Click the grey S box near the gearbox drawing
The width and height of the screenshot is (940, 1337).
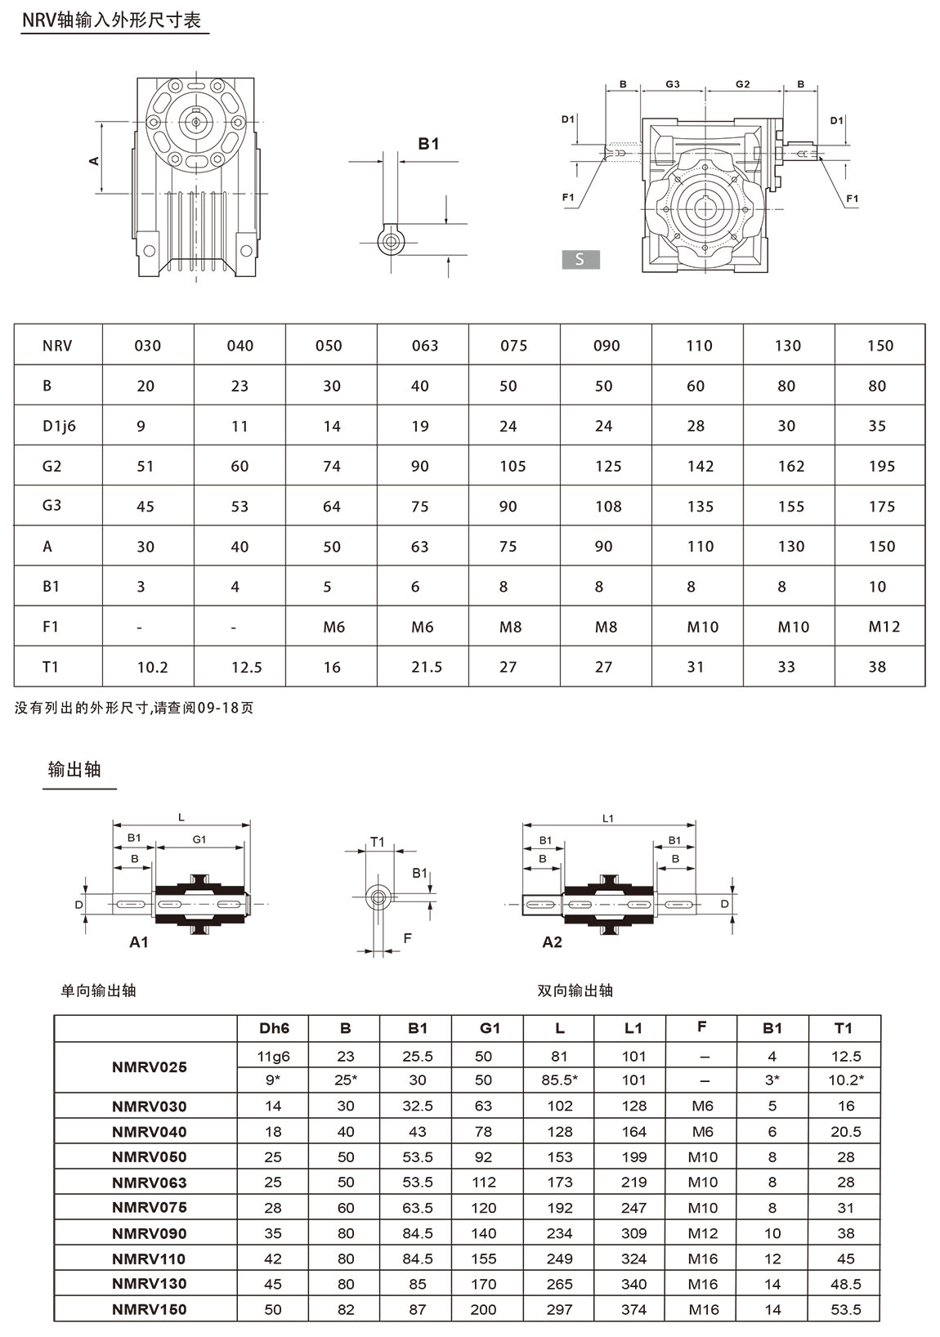(x=580, y=259)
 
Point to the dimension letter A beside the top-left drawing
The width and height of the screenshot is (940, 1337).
(x=95, y=160)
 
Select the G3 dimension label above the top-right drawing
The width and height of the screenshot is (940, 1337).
(x=673, y=83)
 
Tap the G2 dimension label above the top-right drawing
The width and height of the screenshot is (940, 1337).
(x=742, y=83)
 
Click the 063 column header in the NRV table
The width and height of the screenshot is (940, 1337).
(x=425, y=346)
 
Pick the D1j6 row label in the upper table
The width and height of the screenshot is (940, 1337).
(x=59, y=426)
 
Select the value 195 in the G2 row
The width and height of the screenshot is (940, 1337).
(x=882, y=466)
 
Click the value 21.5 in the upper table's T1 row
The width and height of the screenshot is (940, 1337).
(x=427, y=668)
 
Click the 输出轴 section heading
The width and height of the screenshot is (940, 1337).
(x=74, y=770)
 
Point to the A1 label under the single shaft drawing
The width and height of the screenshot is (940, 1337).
(x=139, y=942)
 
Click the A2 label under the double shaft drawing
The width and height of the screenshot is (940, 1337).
(x=553, y=942)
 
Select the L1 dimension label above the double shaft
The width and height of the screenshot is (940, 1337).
(x=607, y=818)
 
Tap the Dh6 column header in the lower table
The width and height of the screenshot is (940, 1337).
(x=274, y=1028)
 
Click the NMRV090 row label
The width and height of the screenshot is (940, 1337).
(x=149, y=1233)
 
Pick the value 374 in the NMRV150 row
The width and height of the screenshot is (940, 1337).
(x=633, y=1309)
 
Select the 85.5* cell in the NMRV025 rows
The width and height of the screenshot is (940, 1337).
(x=560, y=1080)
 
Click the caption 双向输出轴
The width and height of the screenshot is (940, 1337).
(x=575, y=990)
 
